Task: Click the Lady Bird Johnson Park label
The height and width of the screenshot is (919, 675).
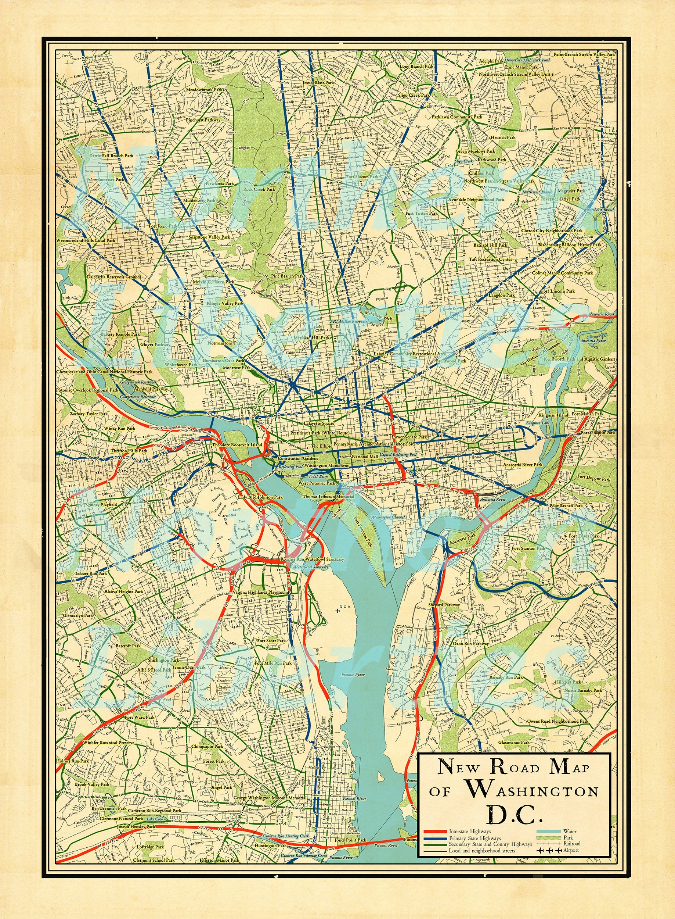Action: click(x=260, y=497)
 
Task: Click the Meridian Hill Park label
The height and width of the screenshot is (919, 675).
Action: click(x=313, y=338)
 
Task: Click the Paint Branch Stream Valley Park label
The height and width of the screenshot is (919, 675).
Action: click(x=584, y=54)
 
